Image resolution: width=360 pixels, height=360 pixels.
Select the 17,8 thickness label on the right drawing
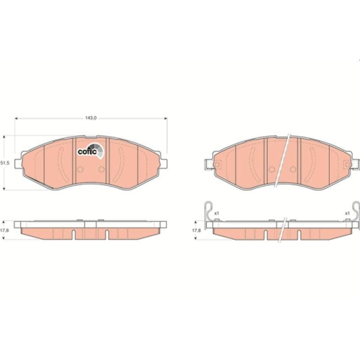(x=196, y=230)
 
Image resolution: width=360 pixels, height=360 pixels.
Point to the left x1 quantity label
(x=216, y=213)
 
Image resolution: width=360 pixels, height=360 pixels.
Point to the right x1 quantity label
(x=347, y=213)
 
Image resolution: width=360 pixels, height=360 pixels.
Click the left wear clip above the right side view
(x=210, y=211)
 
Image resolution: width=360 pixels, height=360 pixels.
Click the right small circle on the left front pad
(x=102, y=170)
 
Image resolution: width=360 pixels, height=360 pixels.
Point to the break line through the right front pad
(x=284, y=161)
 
